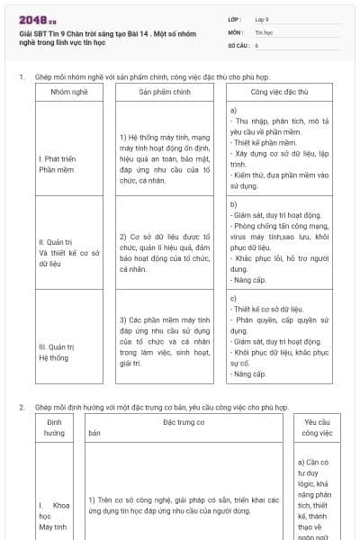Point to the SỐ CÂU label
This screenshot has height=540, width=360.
238,44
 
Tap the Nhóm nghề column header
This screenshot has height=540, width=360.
69,92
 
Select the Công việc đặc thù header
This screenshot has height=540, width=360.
279,92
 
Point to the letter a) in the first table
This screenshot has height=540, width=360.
233,109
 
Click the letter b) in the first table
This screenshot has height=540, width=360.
233,203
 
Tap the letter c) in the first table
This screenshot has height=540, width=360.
233,298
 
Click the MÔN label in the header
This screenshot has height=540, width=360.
235,31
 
